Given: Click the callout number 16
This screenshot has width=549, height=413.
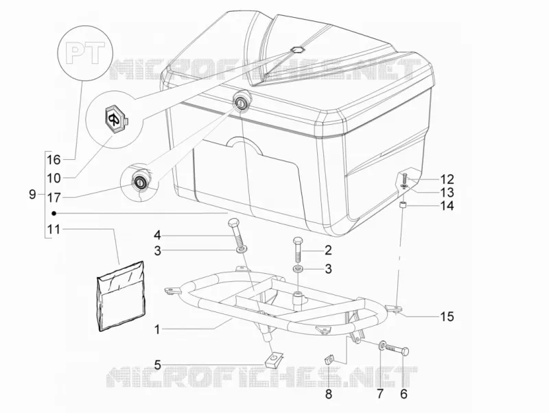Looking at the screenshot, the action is [x=54, y=160].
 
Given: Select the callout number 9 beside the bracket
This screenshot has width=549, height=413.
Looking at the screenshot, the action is [x=32, y=194].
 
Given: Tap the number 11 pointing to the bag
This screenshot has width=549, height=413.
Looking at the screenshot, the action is [x=54, y=230].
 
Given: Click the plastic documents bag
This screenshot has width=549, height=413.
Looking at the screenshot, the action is [x=121, y=296].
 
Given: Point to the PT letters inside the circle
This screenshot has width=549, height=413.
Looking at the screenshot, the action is [x=86, y=53].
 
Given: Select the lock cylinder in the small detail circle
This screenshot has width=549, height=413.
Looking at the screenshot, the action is [x=141, y=181].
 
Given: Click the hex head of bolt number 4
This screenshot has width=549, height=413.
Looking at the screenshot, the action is [x=233, y=222].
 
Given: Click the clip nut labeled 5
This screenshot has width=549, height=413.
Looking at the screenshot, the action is [x=274, y=359].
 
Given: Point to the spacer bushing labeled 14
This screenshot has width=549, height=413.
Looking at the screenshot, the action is [x=403, y=205].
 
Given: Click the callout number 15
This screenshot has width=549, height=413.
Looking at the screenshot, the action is [x=447, y=317].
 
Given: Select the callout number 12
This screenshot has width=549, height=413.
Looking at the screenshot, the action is [x=447, y=179].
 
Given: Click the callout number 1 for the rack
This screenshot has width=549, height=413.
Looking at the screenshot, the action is [x=157, y=329].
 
